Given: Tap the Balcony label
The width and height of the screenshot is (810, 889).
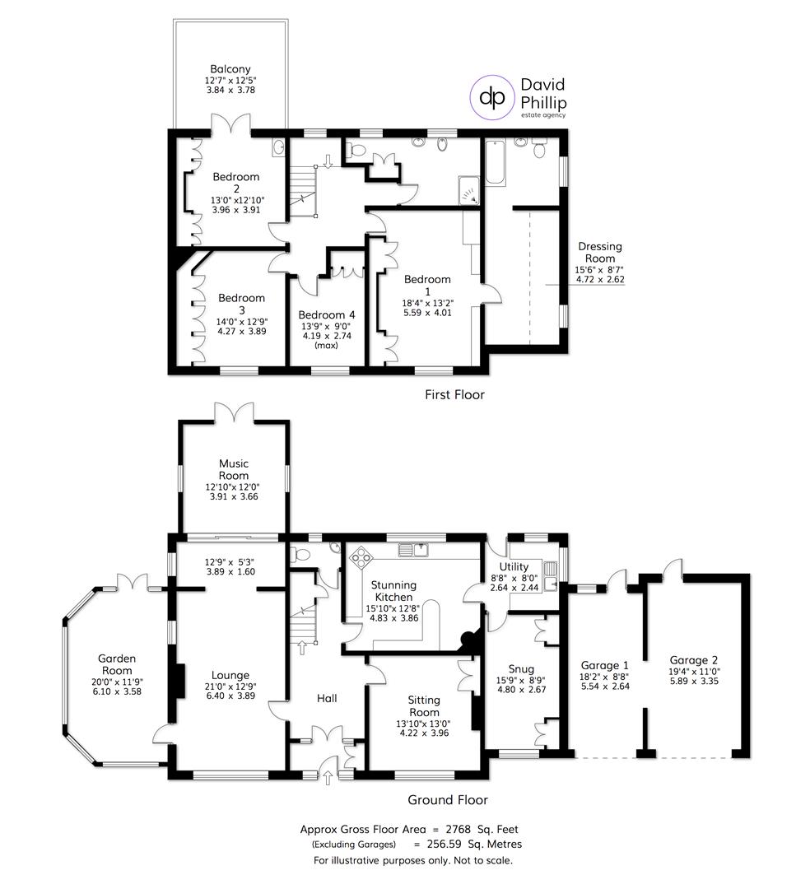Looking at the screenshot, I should (230, 69).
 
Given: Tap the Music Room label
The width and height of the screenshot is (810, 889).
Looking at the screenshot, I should (234, 469).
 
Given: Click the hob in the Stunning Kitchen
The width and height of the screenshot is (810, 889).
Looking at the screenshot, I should (361, 557).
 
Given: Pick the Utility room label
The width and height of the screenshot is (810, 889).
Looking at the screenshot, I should (524, 567).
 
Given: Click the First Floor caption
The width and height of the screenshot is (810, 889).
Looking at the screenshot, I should (454, 394).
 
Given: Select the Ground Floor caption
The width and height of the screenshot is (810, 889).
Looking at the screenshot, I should (448, 799).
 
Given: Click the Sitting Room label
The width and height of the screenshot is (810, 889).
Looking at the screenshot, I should (424, 705).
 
